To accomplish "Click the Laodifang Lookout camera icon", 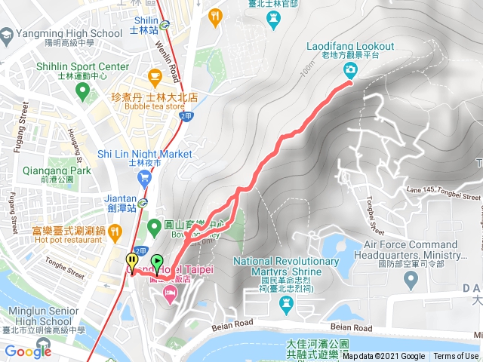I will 351,70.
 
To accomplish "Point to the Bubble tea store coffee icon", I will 155,75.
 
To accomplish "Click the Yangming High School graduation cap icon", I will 7,34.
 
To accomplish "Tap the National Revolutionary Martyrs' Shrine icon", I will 286,302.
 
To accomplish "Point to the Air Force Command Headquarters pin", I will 411,281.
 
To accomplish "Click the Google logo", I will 28,351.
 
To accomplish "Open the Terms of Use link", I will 456,356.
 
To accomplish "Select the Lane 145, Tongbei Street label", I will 443,193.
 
